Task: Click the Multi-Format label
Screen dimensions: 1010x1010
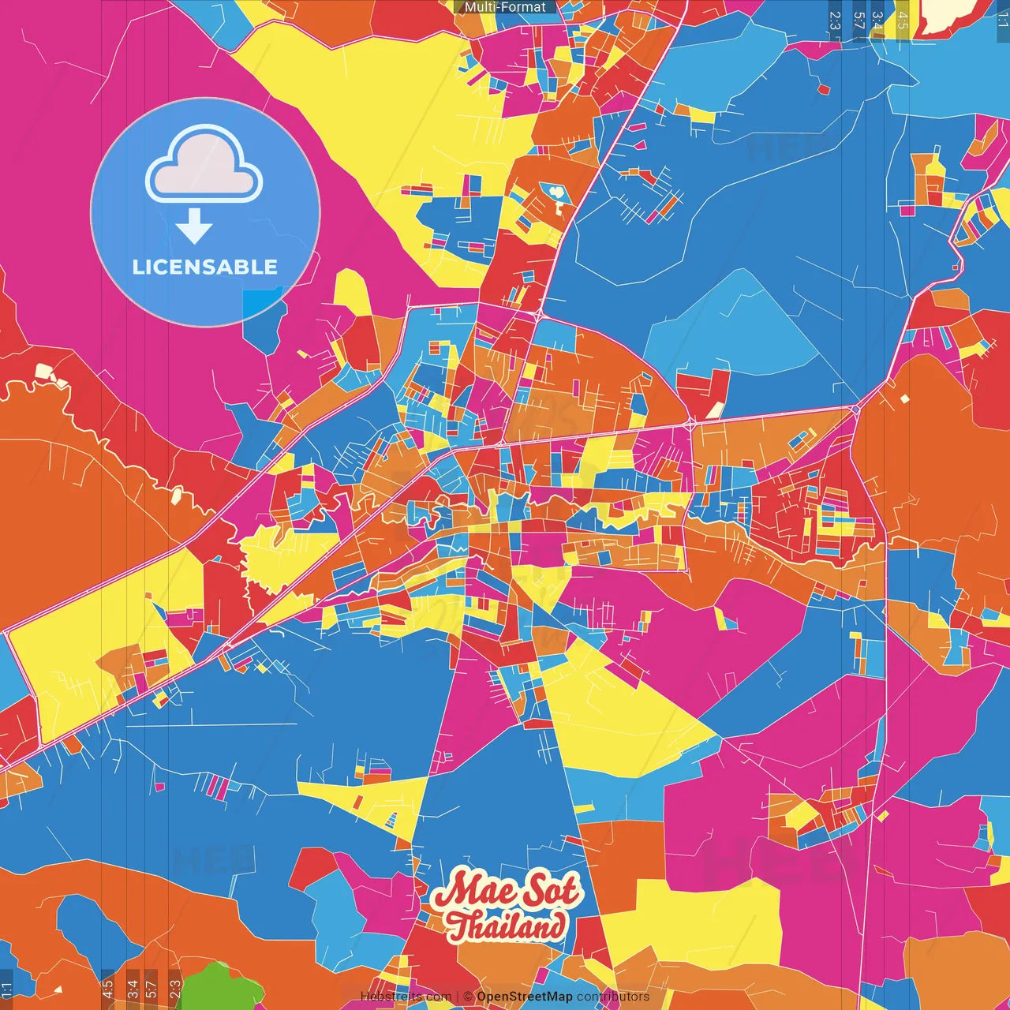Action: (x=505, y=7)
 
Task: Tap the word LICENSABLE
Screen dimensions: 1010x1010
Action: (x=205, y=267)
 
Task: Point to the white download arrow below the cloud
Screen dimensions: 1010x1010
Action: (x=194, y=226)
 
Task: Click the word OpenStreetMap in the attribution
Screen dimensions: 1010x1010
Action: (x=524, y=997)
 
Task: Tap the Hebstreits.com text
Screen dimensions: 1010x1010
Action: (x=406, y=997)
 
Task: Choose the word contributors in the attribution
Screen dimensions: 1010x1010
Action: (x=613, y=997)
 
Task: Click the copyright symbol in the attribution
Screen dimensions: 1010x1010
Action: (x=468, y=997)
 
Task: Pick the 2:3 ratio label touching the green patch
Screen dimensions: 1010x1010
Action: (x=175, y=989)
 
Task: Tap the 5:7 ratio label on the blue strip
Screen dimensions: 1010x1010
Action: (x=858, y=21)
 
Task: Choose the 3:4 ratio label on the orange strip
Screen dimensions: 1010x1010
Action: (x=133, y=989)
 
